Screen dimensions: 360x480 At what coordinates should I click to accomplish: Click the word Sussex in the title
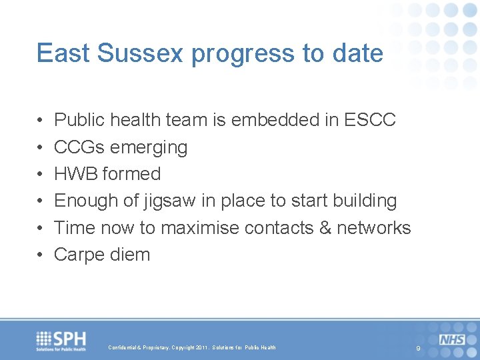[141, 53]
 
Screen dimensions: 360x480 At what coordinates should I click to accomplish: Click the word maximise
[200, 227]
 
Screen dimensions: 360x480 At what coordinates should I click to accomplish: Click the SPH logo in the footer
[62, 341]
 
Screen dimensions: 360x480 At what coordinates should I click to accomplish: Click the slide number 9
[418, 349]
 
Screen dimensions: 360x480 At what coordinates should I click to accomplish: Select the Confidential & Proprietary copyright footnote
[191, 347]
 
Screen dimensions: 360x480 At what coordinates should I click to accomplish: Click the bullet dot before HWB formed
[41, 174]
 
